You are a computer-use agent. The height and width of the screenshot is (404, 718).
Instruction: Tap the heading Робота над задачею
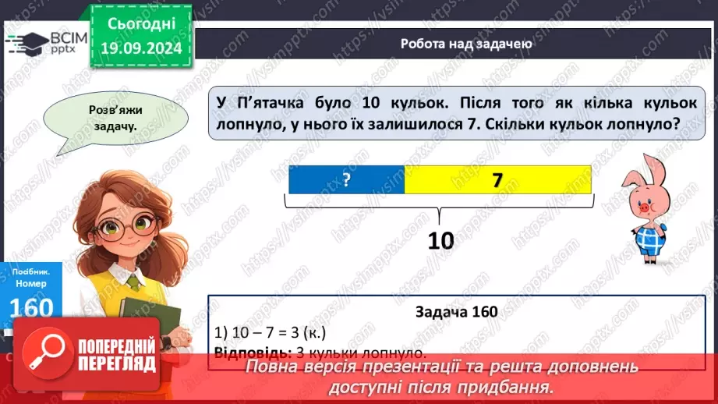(x=466, y=44)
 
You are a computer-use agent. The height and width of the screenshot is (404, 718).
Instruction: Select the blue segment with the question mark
(x=346, y=180)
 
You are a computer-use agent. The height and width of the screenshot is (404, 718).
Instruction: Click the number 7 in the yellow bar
(x=497, y=180)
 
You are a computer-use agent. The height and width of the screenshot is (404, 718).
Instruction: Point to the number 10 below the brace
(x=440, y=241)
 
